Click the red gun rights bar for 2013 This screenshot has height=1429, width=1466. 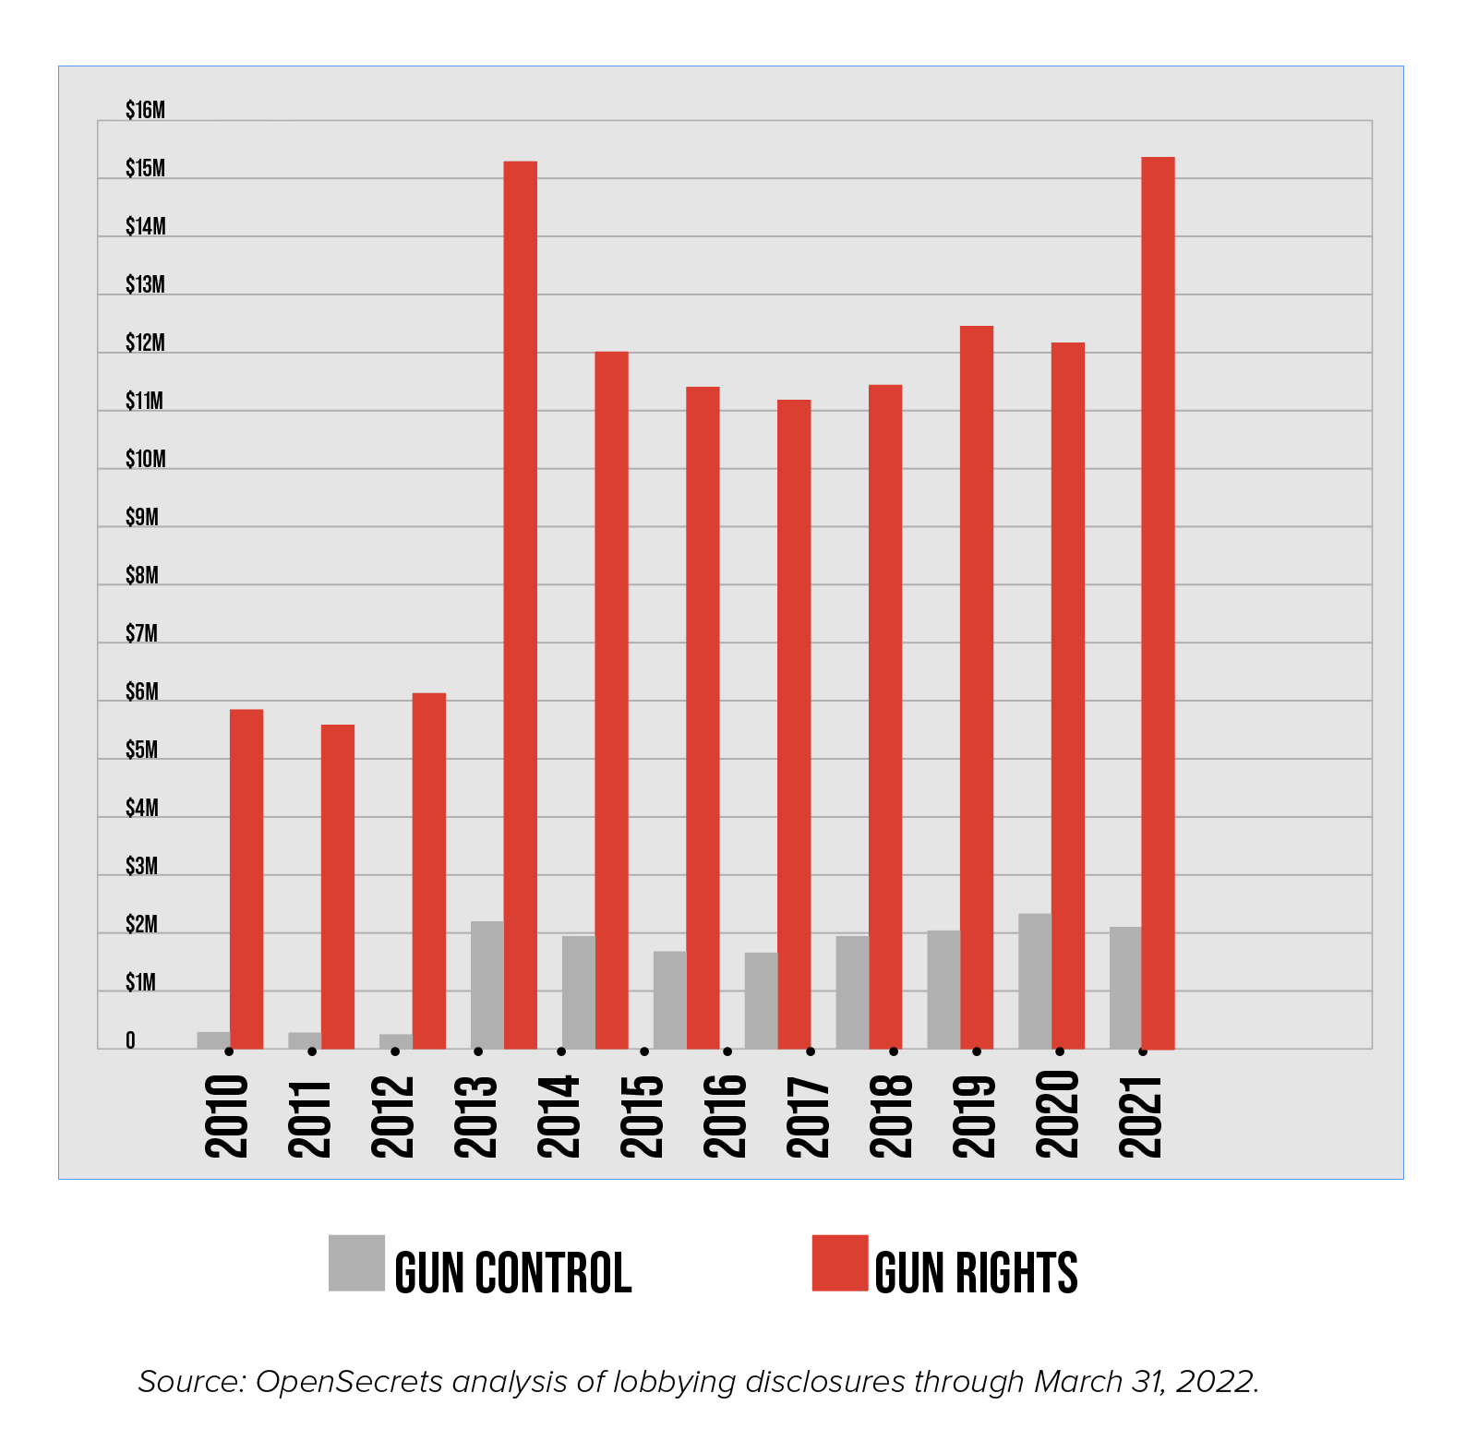[520, 605]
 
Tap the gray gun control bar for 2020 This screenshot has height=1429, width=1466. [1034, 981]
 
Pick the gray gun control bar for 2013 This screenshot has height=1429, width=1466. [487, 985]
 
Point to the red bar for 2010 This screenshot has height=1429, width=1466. [246, 879]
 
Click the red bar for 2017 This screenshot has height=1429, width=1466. [794, 725]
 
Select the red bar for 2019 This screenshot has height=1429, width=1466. [977, 688]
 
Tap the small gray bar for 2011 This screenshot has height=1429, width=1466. [304, 1040]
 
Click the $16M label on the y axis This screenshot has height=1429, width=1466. [145, 111]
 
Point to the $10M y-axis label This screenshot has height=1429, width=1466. [145, 460]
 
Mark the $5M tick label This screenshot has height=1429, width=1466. [141, 751]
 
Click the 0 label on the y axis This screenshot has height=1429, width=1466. [130, 1041]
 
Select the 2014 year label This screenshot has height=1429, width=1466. [558, 1116]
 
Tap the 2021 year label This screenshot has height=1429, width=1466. [1140, 1116]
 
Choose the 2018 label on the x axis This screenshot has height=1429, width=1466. [890, 1116]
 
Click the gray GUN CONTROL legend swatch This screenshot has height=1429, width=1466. [356, 1263]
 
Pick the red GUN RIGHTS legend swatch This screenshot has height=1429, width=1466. [839, 1263]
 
